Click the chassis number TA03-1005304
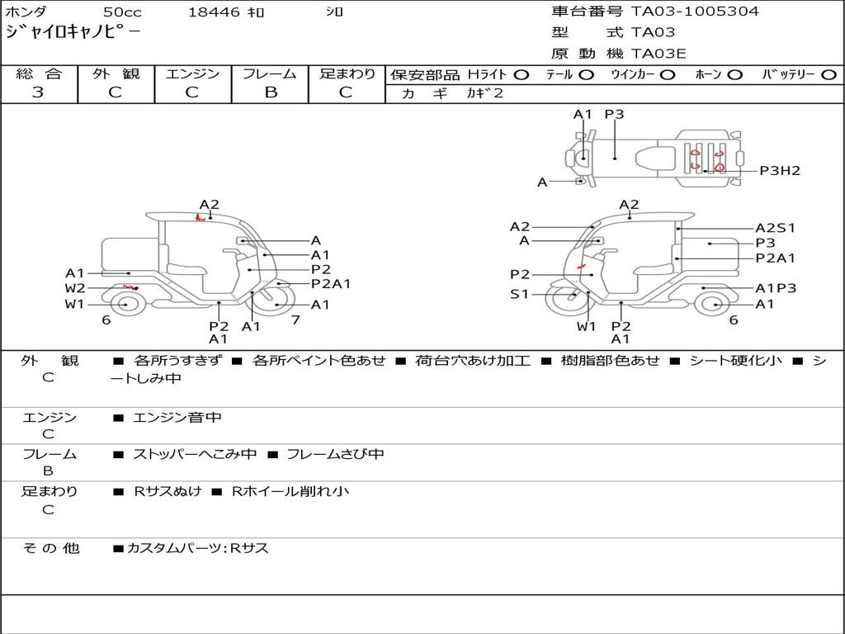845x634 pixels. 695,12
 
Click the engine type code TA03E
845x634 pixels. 659,54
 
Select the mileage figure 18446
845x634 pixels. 214,12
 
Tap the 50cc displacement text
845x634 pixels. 122,12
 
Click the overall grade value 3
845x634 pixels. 38,92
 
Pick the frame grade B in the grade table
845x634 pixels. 271,92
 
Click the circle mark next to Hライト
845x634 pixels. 522,75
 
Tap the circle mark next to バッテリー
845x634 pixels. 828,75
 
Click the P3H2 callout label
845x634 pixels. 780,171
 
